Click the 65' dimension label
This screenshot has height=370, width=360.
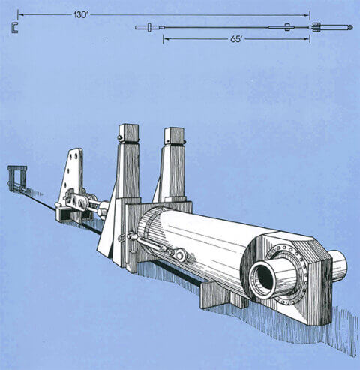[237, 38]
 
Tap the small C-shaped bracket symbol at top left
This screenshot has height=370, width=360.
[14, 28]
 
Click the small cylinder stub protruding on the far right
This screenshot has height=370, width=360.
[337, 264]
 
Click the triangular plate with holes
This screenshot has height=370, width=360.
[73, 176]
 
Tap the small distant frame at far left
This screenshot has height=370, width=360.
[16, 177]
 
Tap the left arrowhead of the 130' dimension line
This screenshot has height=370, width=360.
[20, 14]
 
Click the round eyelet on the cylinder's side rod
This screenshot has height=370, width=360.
[180, 255]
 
